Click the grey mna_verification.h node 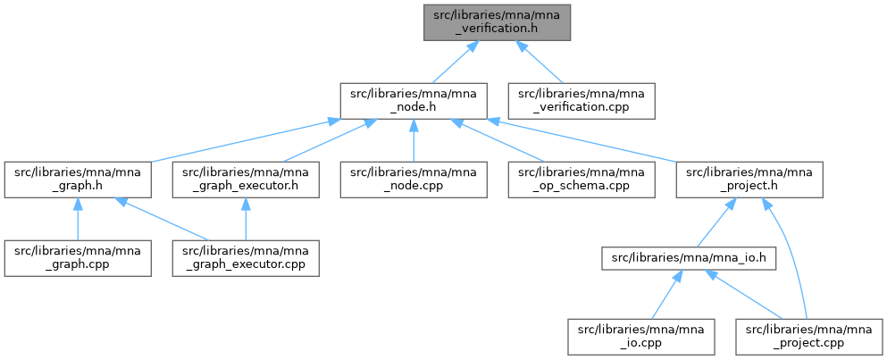(x=497, y=21)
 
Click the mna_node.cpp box (x=413, y=180)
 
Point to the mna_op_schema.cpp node (x=582, y=180)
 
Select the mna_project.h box (x=749, y=180)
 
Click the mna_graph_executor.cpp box (x=247, y=258)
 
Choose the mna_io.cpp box (x=640, y=337)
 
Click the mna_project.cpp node (x=809, y=337)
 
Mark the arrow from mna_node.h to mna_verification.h (x=452, y=63)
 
